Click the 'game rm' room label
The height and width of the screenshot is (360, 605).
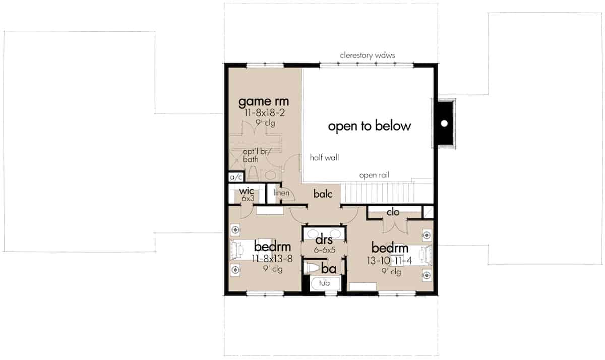pos(263,102)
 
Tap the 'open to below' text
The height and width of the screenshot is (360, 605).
pos(369,126)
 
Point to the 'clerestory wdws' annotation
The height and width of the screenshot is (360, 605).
pos(368,55)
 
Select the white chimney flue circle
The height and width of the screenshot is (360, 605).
pos(444,124)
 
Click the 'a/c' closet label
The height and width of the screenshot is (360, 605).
pos(236,177)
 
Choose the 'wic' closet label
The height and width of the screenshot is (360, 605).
pos(247,191)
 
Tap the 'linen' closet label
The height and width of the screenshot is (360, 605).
pos(281,193)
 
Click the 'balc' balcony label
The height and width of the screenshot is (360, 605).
pos(323,194)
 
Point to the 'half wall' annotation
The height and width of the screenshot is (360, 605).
pos(324,157)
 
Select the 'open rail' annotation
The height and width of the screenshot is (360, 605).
pos(374,175)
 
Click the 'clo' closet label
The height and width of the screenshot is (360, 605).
pos(393,212)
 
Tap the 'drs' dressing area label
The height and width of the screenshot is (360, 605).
pos(324,239)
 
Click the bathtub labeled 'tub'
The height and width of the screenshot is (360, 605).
pos(325,283)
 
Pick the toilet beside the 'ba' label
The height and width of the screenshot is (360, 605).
pos(312,268)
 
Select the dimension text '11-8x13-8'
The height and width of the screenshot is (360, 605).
pos(272,259)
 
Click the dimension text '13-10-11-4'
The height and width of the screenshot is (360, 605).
pos(389,261)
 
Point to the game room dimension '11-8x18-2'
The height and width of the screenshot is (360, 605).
pos(264,112)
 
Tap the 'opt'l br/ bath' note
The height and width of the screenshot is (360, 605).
pos(256,155)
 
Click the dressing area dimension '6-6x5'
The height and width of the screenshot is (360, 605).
pos(324,250)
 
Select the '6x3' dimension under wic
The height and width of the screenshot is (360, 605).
pos(248,199)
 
